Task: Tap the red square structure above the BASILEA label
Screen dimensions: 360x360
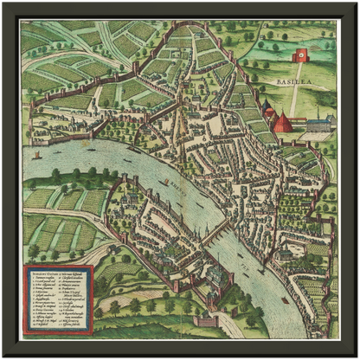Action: coord(301,56)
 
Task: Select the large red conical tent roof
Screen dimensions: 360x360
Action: coord(282,122)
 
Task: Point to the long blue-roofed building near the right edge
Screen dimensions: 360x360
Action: coord(318,125)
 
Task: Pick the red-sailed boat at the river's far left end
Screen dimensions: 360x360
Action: coord(36,156)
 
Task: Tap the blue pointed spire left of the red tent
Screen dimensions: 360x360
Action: coord(268,110)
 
